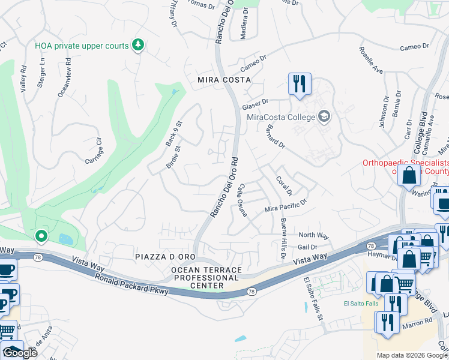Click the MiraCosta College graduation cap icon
pyautogui.click(x=324, y=116)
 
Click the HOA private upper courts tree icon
pyautogui.click(x=138, y=44)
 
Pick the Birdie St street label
pyautogui.click(x=173, y=158)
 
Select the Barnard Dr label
pyautogui.click(x=273, y=135)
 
